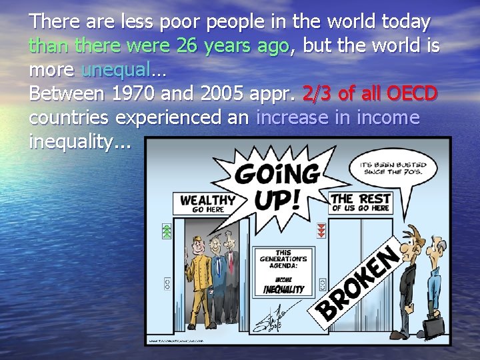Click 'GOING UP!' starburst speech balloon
(x=277, y=187)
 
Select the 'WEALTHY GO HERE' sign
(x=208, y=203)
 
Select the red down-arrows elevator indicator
(x=321, y=231)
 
